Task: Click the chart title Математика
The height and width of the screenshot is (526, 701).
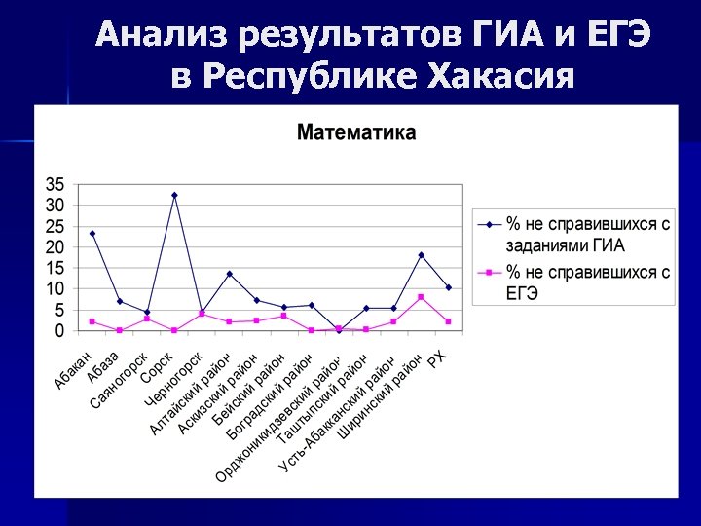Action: tap(355, 132)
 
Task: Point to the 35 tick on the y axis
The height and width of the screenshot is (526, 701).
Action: tap(55, 184)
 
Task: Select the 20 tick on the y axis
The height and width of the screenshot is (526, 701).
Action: tap(55, 247)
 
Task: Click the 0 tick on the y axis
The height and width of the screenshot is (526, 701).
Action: tap(59, 331)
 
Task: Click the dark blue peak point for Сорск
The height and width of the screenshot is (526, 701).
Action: tap(174, 195)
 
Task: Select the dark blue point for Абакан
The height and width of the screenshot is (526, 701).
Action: tap(92, 234)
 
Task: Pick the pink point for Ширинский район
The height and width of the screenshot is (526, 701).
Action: tap(421, 297)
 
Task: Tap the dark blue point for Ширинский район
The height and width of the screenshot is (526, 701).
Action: tap(421, 255)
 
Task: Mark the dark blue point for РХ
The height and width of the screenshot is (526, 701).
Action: tap(448, 287)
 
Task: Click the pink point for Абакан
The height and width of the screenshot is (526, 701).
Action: tap(92, 321)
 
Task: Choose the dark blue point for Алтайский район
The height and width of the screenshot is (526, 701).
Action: tap(229, 274)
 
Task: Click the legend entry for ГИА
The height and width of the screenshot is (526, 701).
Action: tap(574, 234)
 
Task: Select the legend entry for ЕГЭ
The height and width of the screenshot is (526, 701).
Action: tap(574, 282)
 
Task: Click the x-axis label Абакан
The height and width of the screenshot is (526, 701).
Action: tap(74, 369)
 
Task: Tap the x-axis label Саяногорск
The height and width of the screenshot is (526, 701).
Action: tap(120, 380)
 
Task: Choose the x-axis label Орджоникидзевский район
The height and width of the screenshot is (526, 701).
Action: tap(277, 419)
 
